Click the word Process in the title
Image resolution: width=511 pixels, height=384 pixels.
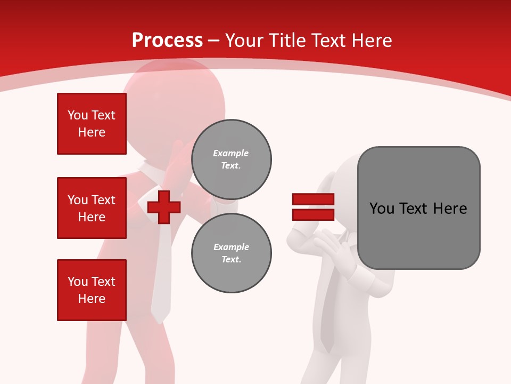point(167,40)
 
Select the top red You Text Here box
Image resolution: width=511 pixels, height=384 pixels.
point(92,124)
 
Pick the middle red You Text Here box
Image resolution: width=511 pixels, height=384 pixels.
point(92,208)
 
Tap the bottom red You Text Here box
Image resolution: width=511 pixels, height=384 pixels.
point(92,290)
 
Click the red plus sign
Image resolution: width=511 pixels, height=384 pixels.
point(164,207)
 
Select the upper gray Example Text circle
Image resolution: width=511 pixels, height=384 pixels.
point(231,159)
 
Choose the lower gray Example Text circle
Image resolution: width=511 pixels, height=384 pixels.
point(231,253)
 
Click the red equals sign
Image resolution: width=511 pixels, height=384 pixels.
point(313,207)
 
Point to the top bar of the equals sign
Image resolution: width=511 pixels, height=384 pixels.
point(313,199)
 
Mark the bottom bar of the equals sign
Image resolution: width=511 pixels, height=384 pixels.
point(313,214)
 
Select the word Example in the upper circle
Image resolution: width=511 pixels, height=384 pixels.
point(231,153)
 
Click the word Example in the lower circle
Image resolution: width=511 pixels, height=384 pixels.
point(231,247)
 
